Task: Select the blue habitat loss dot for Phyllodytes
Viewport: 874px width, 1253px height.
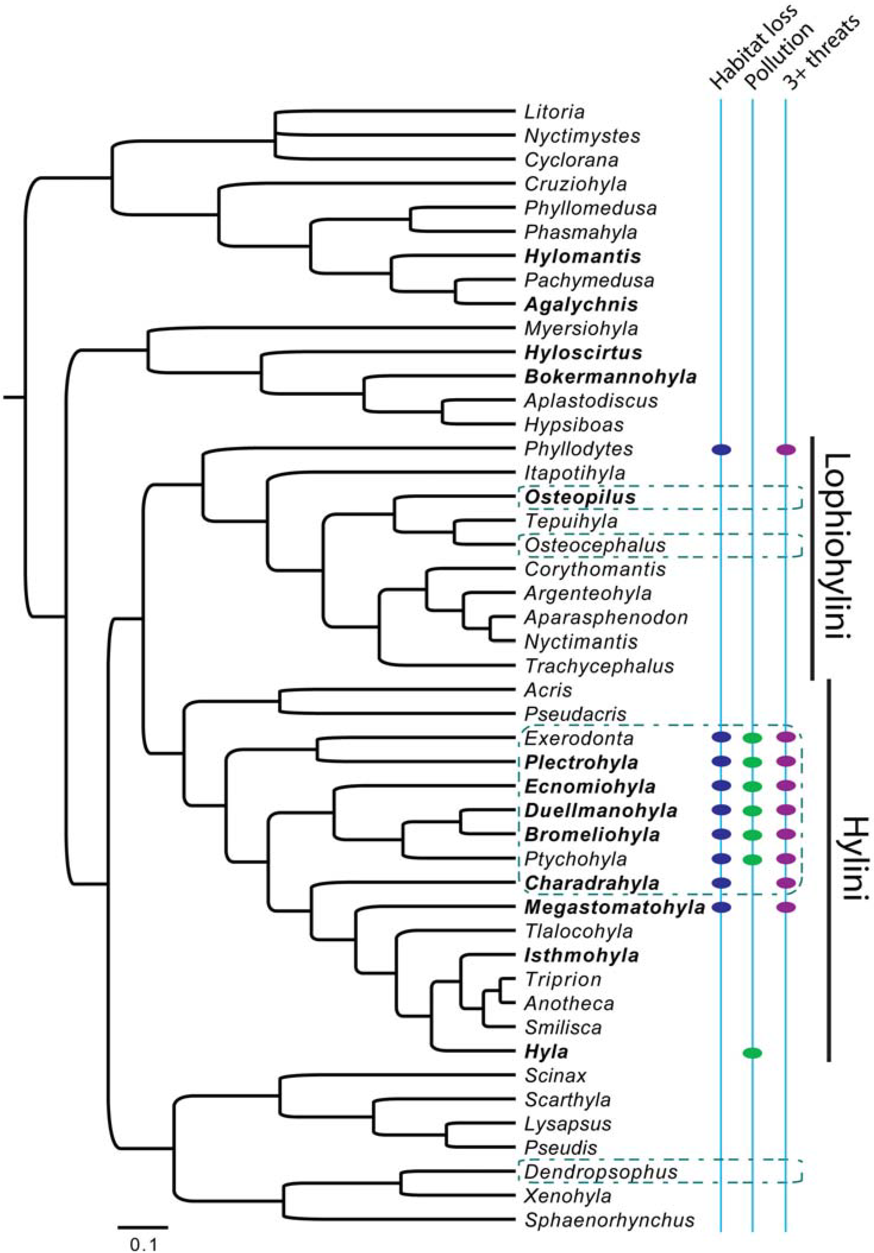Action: pos(721,450)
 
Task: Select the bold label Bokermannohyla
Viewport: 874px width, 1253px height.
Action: pos(610,376)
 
